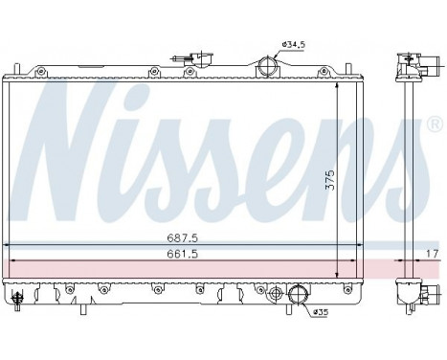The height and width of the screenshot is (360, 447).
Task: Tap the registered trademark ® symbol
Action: [435, 125]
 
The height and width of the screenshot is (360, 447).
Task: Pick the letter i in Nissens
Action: [145, 144]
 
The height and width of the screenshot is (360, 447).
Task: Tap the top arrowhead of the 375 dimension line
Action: [343, 86]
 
